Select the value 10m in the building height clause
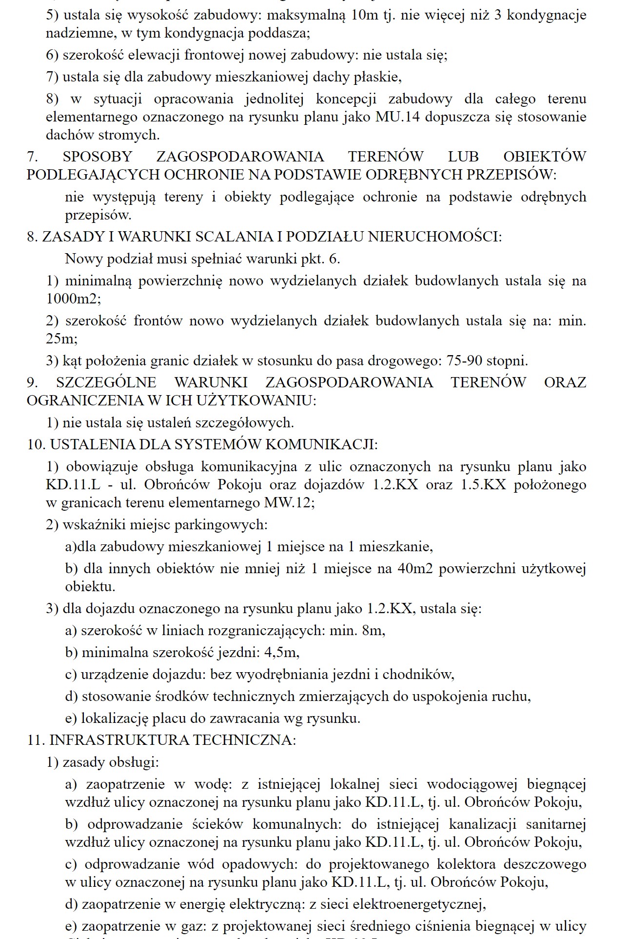[x=364, y=15]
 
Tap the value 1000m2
[x=73, y=299]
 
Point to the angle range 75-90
[x=464, y=361]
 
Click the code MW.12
[x=288, y=502]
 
